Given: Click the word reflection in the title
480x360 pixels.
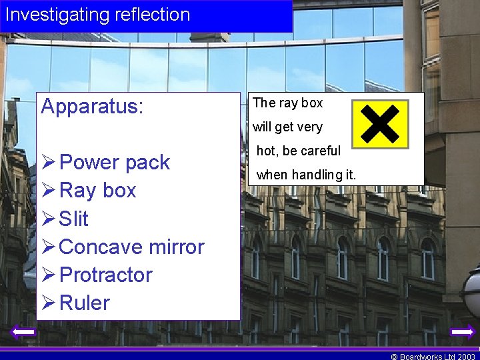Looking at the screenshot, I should coord(151,15).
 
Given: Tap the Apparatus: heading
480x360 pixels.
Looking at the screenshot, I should coord(92,107).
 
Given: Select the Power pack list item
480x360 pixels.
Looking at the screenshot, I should coord(114,163).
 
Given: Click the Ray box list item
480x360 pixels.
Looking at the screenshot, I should coord(97,191).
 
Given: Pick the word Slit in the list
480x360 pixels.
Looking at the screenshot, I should coord(74,219).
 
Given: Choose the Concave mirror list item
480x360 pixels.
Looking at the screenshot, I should coord(131,247).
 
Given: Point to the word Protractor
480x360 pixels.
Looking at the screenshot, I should coord(105,275).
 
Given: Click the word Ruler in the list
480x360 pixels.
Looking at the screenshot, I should coord(84,303).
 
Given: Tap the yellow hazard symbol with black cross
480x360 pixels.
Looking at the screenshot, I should coord(380,124).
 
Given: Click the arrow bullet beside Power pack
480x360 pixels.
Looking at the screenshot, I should coord(49,163).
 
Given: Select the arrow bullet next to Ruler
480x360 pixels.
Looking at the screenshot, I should coord(49,303).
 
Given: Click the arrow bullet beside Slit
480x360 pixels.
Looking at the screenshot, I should coord(49,219).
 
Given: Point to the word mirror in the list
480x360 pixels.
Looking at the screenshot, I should coord(177,247).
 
